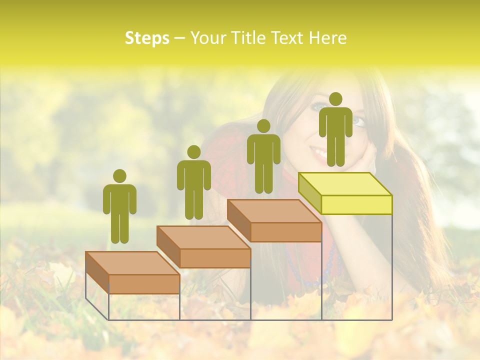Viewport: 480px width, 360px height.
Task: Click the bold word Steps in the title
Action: coord(147,38)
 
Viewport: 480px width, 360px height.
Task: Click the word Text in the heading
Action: coord(287,38)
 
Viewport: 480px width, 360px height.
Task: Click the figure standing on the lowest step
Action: coord(119,210)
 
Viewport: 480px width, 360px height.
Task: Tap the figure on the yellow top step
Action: coord(335,132)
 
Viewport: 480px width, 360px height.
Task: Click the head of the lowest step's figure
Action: coord(119,176)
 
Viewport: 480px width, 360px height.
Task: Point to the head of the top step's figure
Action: coord(335,99)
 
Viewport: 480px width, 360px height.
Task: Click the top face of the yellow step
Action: coord(345,184)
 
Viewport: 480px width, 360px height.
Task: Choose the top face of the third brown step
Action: coord(274,211)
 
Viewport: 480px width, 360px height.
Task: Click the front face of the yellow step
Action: coord(356,204)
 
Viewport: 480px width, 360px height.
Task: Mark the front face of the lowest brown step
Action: coord(144,283)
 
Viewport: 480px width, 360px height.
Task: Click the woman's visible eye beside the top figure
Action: coord(358,121)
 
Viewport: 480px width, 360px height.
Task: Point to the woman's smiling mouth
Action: coord(319,151)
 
